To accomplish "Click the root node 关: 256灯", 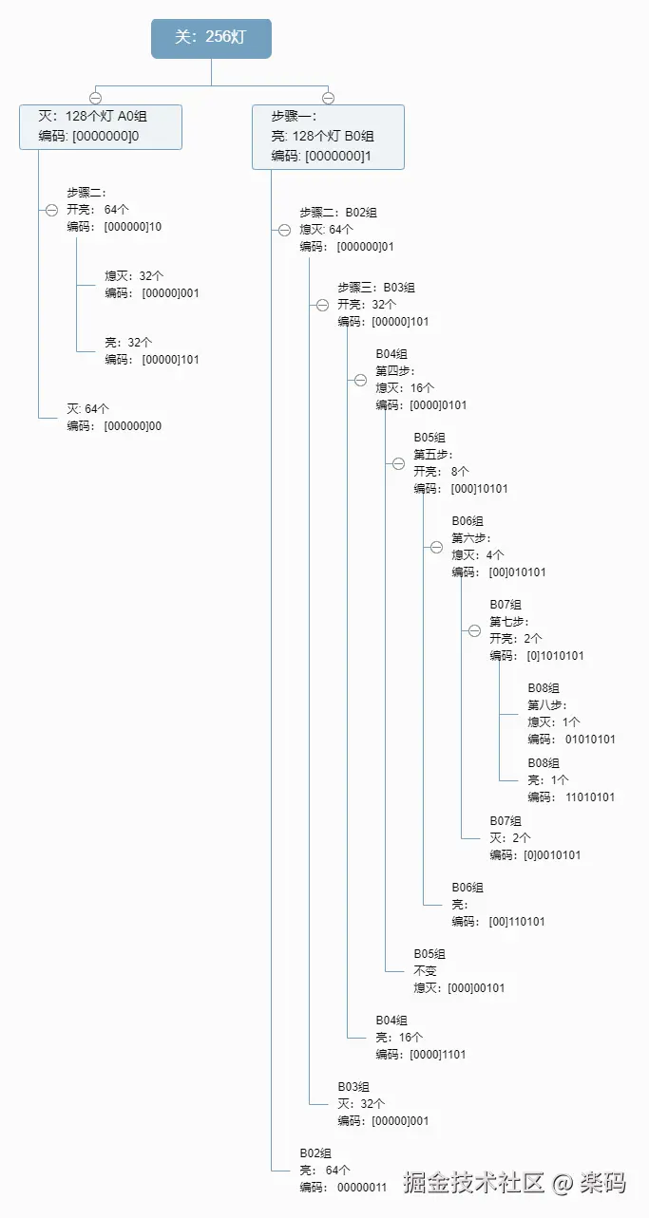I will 211,39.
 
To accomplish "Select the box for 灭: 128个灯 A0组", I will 101,126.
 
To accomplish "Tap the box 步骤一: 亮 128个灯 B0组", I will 328,137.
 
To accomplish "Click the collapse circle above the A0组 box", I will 95,98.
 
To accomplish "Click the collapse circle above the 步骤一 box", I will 328,98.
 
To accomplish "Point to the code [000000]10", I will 132,227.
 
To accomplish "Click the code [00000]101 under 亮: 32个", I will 170,360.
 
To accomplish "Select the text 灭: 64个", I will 87,409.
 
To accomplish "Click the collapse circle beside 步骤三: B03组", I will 322,305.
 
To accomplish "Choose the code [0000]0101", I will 437,405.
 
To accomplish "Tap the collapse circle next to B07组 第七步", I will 474,631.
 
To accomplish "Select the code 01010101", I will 590,740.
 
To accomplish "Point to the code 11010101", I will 590,797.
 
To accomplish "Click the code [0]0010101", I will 552,855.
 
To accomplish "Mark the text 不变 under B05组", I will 426,971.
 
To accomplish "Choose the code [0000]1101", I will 437,1055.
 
